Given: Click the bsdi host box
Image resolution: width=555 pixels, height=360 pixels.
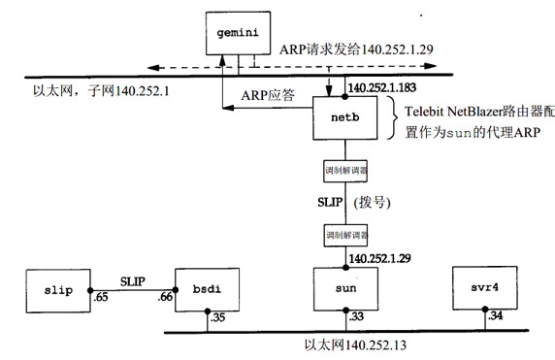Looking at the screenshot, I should (206, 289).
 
